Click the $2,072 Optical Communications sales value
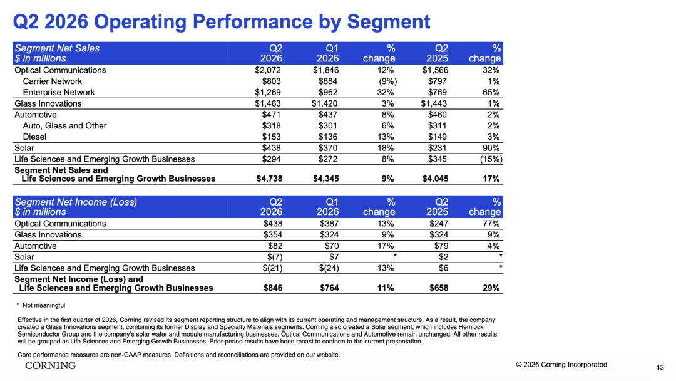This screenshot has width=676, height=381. click(268, 70)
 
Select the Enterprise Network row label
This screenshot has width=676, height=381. click(59, 92)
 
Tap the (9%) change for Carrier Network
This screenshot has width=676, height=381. click(387, 81)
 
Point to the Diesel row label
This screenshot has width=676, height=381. click(34, 137)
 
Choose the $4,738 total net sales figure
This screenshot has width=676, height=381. click(269, 179)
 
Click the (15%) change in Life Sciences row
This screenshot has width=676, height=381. click(491, 159)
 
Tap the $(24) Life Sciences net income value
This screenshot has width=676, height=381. click(329, 268)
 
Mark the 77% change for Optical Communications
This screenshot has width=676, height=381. click(491, 224)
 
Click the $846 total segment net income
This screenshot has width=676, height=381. click(273, 288)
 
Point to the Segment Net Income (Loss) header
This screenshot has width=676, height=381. click(76, 202)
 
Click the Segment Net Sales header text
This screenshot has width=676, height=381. click(58, 48)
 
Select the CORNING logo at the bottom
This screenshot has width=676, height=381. click(51, 365)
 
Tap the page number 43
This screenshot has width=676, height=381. click(660, 367)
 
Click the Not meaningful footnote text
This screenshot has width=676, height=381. click(44, 305)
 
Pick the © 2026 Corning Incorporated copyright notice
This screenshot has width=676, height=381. click(561, 365)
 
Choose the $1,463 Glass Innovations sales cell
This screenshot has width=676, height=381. click(268, 103)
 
